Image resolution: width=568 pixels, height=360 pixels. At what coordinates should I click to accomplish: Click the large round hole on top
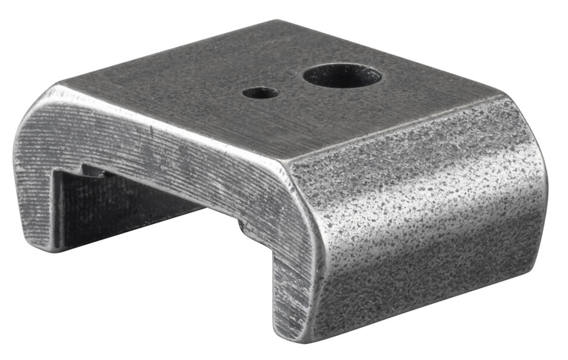click(x=342, y=75)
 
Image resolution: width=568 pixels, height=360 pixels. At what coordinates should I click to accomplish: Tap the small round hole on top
click(x=260, y=93)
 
